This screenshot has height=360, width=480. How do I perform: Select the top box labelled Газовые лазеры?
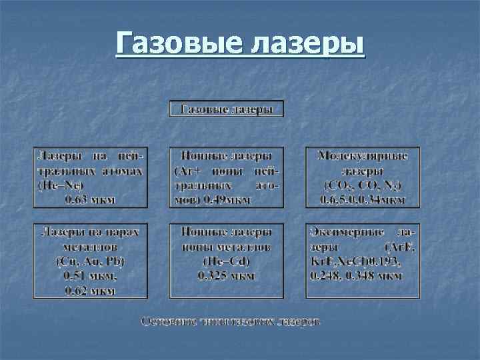pyautogui.click(x=227, y=109)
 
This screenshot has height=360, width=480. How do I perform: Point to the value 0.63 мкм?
pyautogui.click(x=89, y=198)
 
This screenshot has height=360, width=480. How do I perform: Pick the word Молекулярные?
pyautogui.click(x=363, y=156)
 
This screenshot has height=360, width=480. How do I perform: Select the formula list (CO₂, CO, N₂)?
pyautogui.click(x=363, y=185)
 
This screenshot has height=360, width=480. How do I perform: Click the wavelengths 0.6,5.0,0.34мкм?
pyautogui.click(x=363, y=199)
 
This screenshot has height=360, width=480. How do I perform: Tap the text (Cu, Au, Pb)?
pyautogui.click(x=89, y=261)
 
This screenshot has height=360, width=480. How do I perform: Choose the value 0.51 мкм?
pyautogui.click(x=89, y=275)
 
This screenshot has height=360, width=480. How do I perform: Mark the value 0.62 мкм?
pyautogui.click(x=89, y=290)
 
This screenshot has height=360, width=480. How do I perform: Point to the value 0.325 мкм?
pyautogui.click(x=226, y=275)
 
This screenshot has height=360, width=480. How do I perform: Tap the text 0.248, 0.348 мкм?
pyautogui.click(x=357, y=275)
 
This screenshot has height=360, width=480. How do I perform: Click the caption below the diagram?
pyautogui.click(x=230, y=321)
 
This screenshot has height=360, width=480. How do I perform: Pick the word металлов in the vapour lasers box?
pyautogui.click(x=89, y=246)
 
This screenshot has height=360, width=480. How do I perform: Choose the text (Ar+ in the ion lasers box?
pyautogui.click(x=189, y=170)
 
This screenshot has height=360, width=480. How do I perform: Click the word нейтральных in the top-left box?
pyautogui.click(x=89, y=170)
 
